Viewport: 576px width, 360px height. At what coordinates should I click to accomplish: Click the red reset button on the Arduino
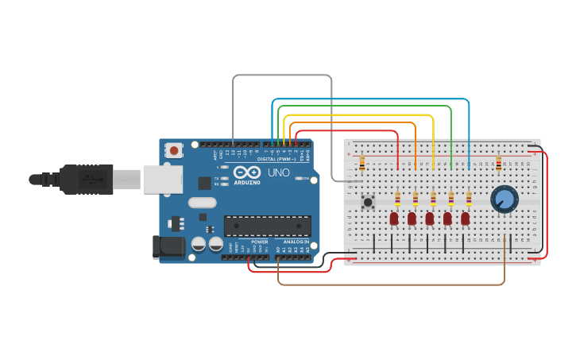pyautogui.click(x=174, y=149)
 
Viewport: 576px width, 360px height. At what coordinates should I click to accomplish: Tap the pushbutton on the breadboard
pyautogui.click(x=368, y=202)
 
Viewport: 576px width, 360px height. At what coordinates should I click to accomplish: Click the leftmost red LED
pyautogui.click(x=394, y=218)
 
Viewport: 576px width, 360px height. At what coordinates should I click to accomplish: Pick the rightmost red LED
pyautogui.click(x=466, y=218)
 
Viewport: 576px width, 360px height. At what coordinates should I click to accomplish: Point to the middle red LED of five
pyautogui.click(x=430, y=218)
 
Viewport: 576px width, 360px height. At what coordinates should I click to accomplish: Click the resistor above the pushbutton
pyautogui.click(x=362, y=163)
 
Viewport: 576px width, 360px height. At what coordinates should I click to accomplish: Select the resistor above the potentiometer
pyautogui.click(x=499, y=163)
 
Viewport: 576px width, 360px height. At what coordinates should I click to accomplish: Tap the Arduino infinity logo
pyautogui.click(x=247, y=172)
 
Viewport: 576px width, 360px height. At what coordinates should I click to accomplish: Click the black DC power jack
pyautogui.click(x=168, y=246)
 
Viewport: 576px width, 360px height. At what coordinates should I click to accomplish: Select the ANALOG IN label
pyautogui.click(x=296, y=242)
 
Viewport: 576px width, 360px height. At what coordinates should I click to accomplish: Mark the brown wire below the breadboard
pyautogui.click(x=389, y=284)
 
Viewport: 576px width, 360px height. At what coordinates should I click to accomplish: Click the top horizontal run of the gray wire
pyautogui.click(x=282, y=75)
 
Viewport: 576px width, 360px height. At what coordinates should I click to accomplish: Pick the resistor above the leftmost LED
pyautogui.click(x=397, y=199)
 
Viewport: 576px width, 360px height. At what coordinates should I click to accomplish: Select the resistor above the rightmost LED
pyautogui.click(x=469, y=199)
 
